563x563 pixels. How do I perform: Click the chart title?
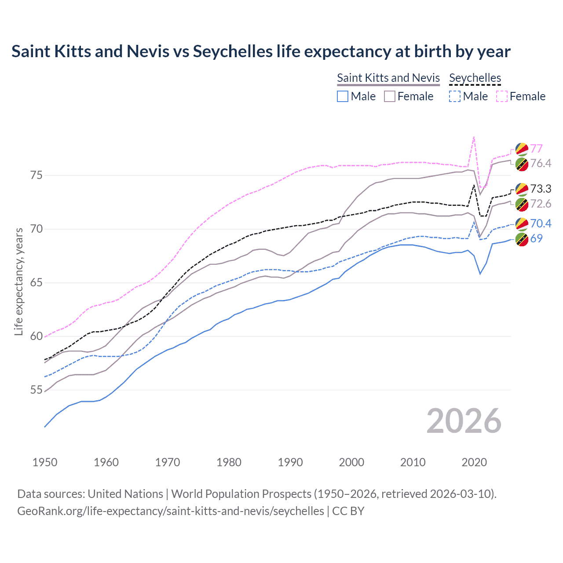click(x=261, y=51)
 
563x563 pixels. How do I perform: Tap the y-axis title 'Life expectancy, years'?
click(x=18, y=281)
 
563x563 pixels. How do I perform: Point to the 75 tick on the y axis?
click(x=36, y=175)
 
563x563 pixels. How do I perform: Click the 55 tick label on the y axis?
click(x=36, y=390)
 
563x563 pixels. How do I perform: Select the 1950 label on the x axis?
click(x=45, y=462)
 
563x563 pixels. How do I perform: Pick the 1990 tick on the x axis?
click(x=290, y=462)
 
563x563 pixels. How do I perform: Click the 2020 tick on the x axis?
click(x=474, y=462)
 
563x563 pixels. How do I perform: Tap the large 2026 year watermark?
click(x=464, y=421)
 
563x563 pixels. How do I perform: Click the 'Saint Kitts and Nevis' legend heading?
click(x=388, y=78)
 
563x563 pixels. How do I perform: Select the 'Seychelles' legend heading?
click(x=475, y=78)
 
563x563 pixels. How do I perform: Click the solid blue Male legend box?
click(x=343, y=96)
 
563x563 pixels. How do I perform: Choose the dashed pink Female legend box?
click(x=502, y=96)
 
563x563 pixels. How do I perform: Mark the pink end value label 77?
click(x=536, y=149)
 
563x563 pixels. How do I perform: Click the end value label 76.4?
click(x=541, y=164)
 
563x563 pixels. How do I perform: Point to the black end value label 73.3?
click(x=541, y=189)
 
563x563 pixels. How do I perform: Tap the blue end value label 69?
click(x=536, y=238)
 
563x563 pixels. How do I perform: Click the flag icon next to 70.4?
click(x=522, y=224)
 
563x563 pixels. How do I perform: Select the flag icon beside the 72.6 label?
click(x=522, y=204)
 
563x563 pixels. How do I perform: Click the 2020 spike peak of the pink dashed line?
click(x=474, y=137)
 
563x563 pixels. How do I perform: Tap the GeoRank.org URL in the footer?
click(x=171, y=511)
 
